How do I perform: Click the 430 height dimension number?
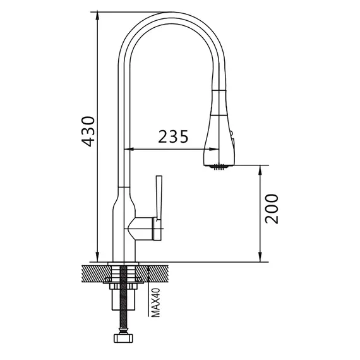pos(88,132)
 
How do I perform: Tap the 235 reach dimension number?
pos(173,136)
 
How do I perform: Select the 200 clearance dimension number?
pos(272,208)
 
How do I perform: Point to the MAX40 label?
pos(156,303)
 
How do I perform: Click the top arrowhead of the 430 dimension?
pos(97,16)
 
